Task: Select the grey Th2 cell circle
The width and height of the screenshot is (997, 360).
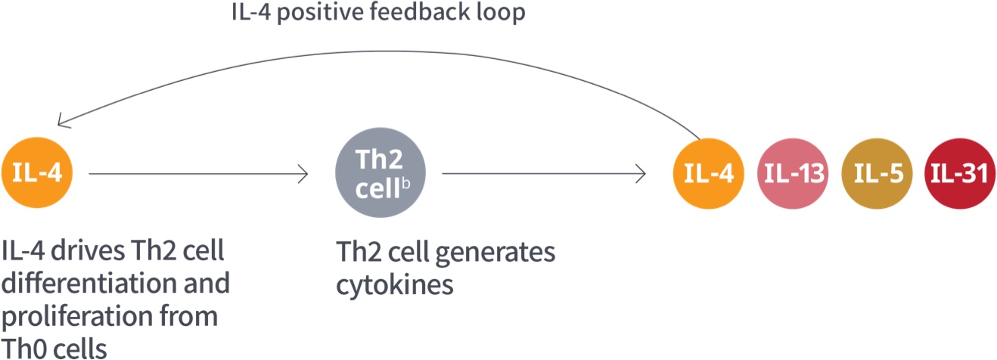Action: pos(379,174)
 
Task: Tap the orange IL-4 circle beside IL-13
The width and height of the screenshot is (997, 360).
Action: pos(709,174)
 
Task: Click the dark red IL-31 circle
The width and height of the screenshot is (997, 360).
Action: pos(958,174)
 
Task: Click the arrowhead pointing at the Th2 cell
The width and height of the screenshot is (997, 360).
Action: pos(304,174)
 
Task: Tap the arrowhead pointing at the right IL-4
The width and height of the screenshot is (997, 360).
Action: pos(641,174)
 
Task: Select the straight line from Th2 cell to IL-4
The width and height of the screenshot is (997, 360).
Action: pos(541,174)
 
